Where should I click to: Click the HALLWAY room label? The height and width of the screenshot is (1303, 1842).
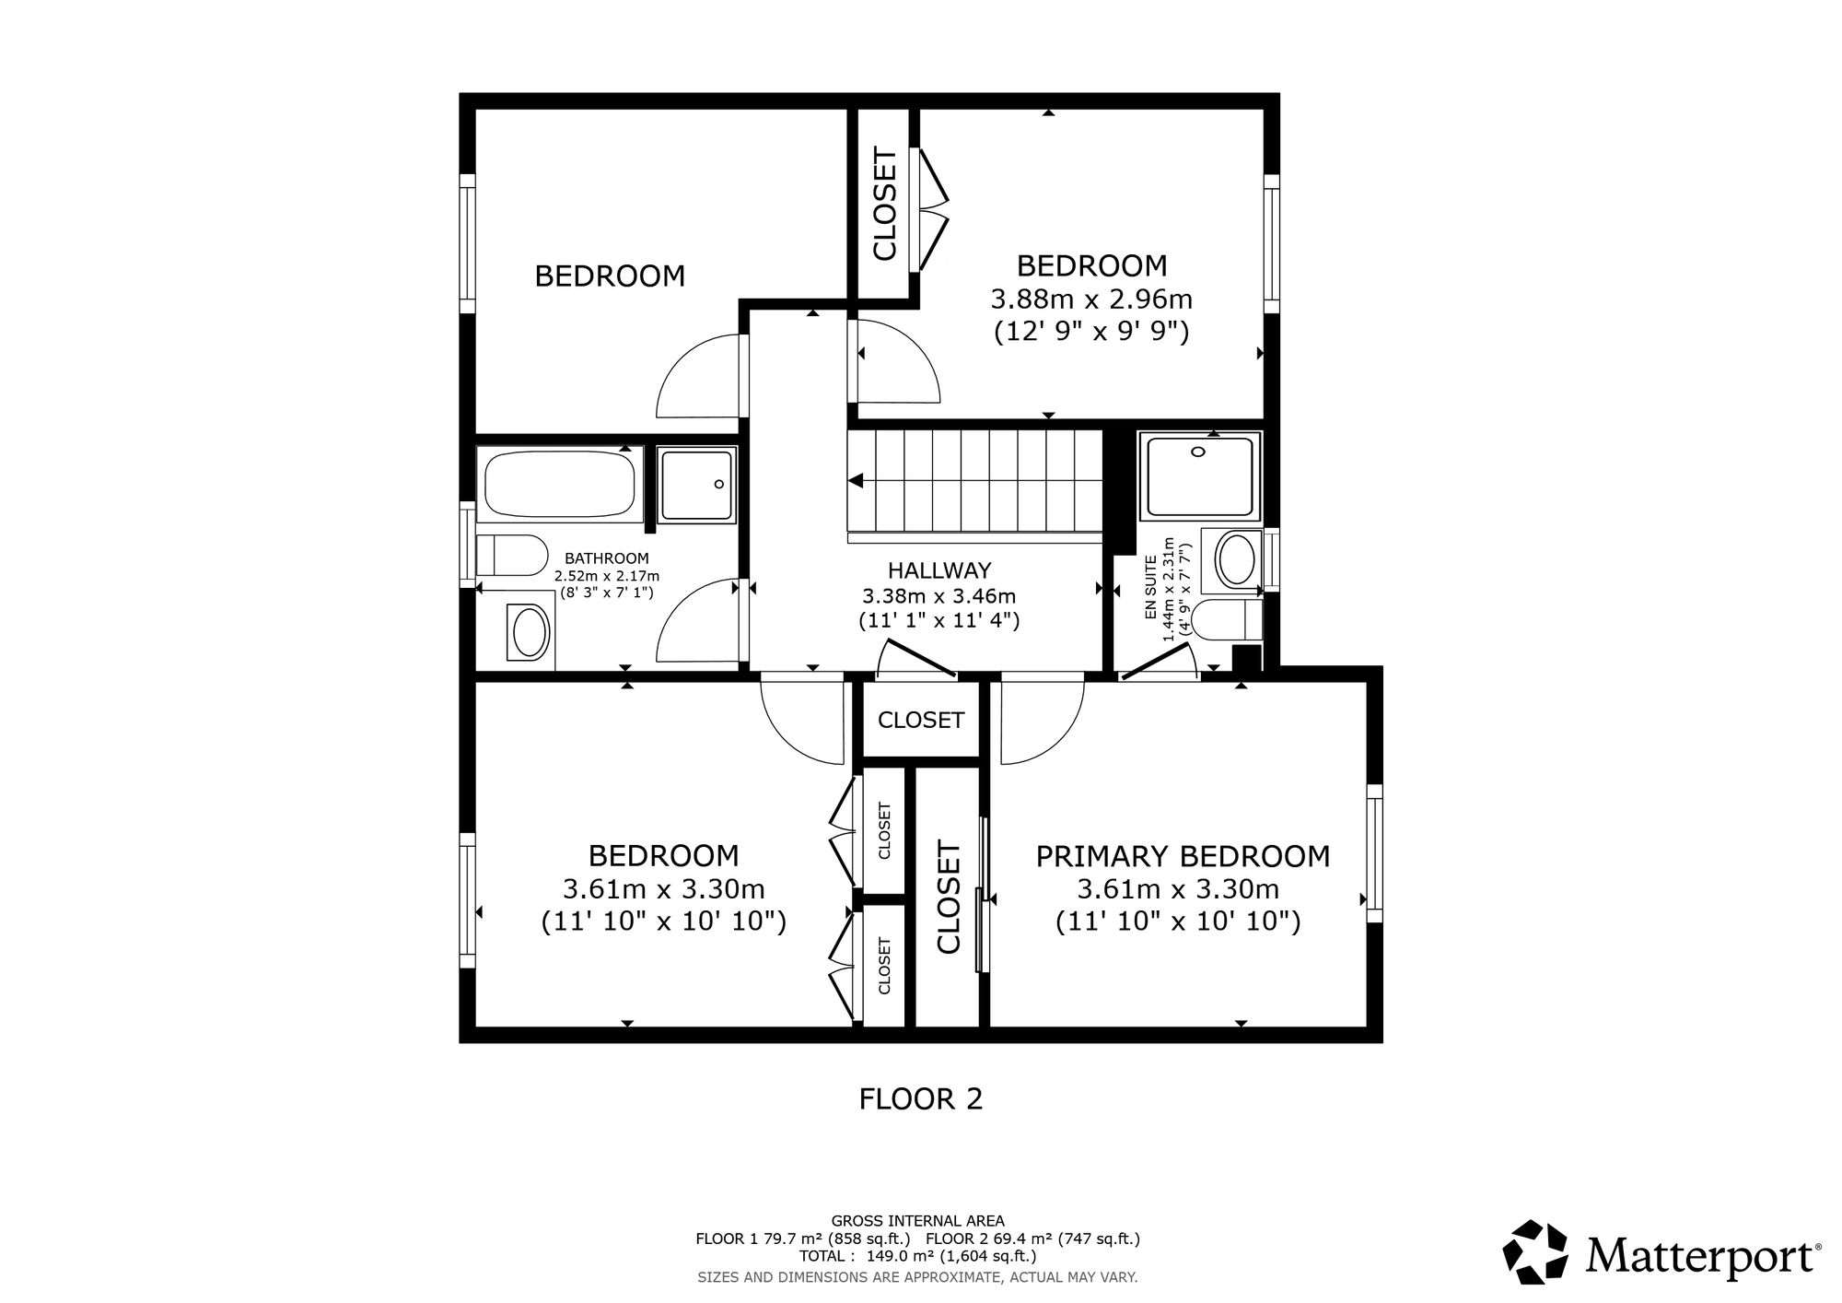[939, 570]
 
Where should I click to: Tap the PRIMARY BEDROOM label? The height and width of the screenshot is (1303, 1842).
[1183, 856]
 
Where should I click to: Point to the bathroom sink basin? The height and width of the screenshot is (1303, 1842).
[530, 631]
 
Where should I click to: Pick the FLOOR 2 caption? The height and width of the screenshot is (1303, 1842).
[921, 1098]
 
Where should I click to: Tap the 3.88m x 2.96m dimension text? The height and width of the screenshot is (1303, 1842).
[1091, 299]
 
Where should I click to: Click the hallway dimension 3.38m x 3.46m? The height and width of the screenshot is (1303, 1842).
[939, 595]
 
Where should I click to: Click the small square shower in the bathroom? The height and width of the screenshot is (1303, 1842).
[697, 485]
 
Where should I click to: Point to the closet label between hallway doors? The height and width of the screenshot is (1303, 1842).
[921, 720]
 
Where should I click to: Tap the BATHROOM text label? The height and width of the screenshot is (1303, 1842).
[607, 558]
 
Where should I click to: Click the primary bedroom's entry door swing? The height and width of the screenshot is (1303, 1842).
[1043, 722]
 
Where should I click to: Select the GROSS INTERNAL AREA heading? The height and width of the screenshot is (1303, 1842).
[918, 1221]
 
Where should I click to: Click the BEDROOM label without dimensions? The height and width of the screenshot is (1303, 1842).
[610, 276]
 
